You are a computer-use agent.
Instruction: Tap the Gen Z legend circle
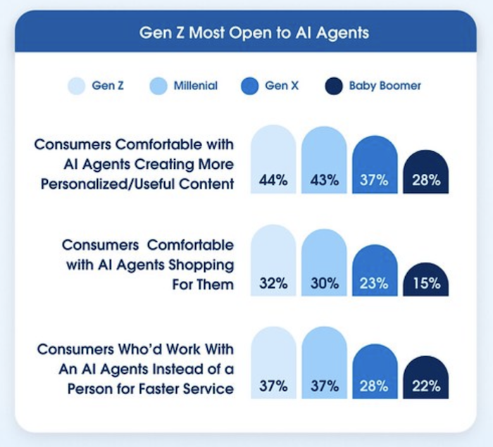76,87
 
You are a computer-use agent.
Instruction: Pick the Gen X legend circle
249,87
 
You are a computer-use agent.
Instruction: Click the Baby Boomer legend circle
333,87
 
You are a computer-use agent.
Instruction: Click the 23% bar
375,271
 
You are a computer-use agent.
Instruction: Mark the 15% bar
426,279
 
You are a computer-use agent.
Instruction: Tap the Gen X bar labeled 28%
375,373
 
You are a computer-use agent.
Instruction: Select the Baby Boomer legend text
385,86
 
